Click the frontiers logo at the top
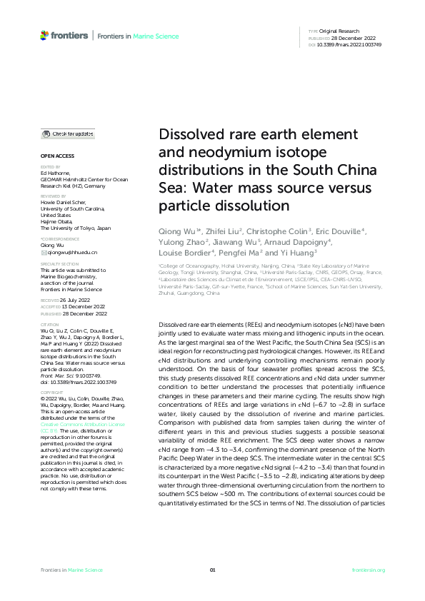(x=64, y=35)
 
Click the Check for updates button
(x=68, y=133)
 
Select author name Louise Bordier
(x=184, y=252)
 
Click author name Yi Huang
(x=299, y=252)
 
